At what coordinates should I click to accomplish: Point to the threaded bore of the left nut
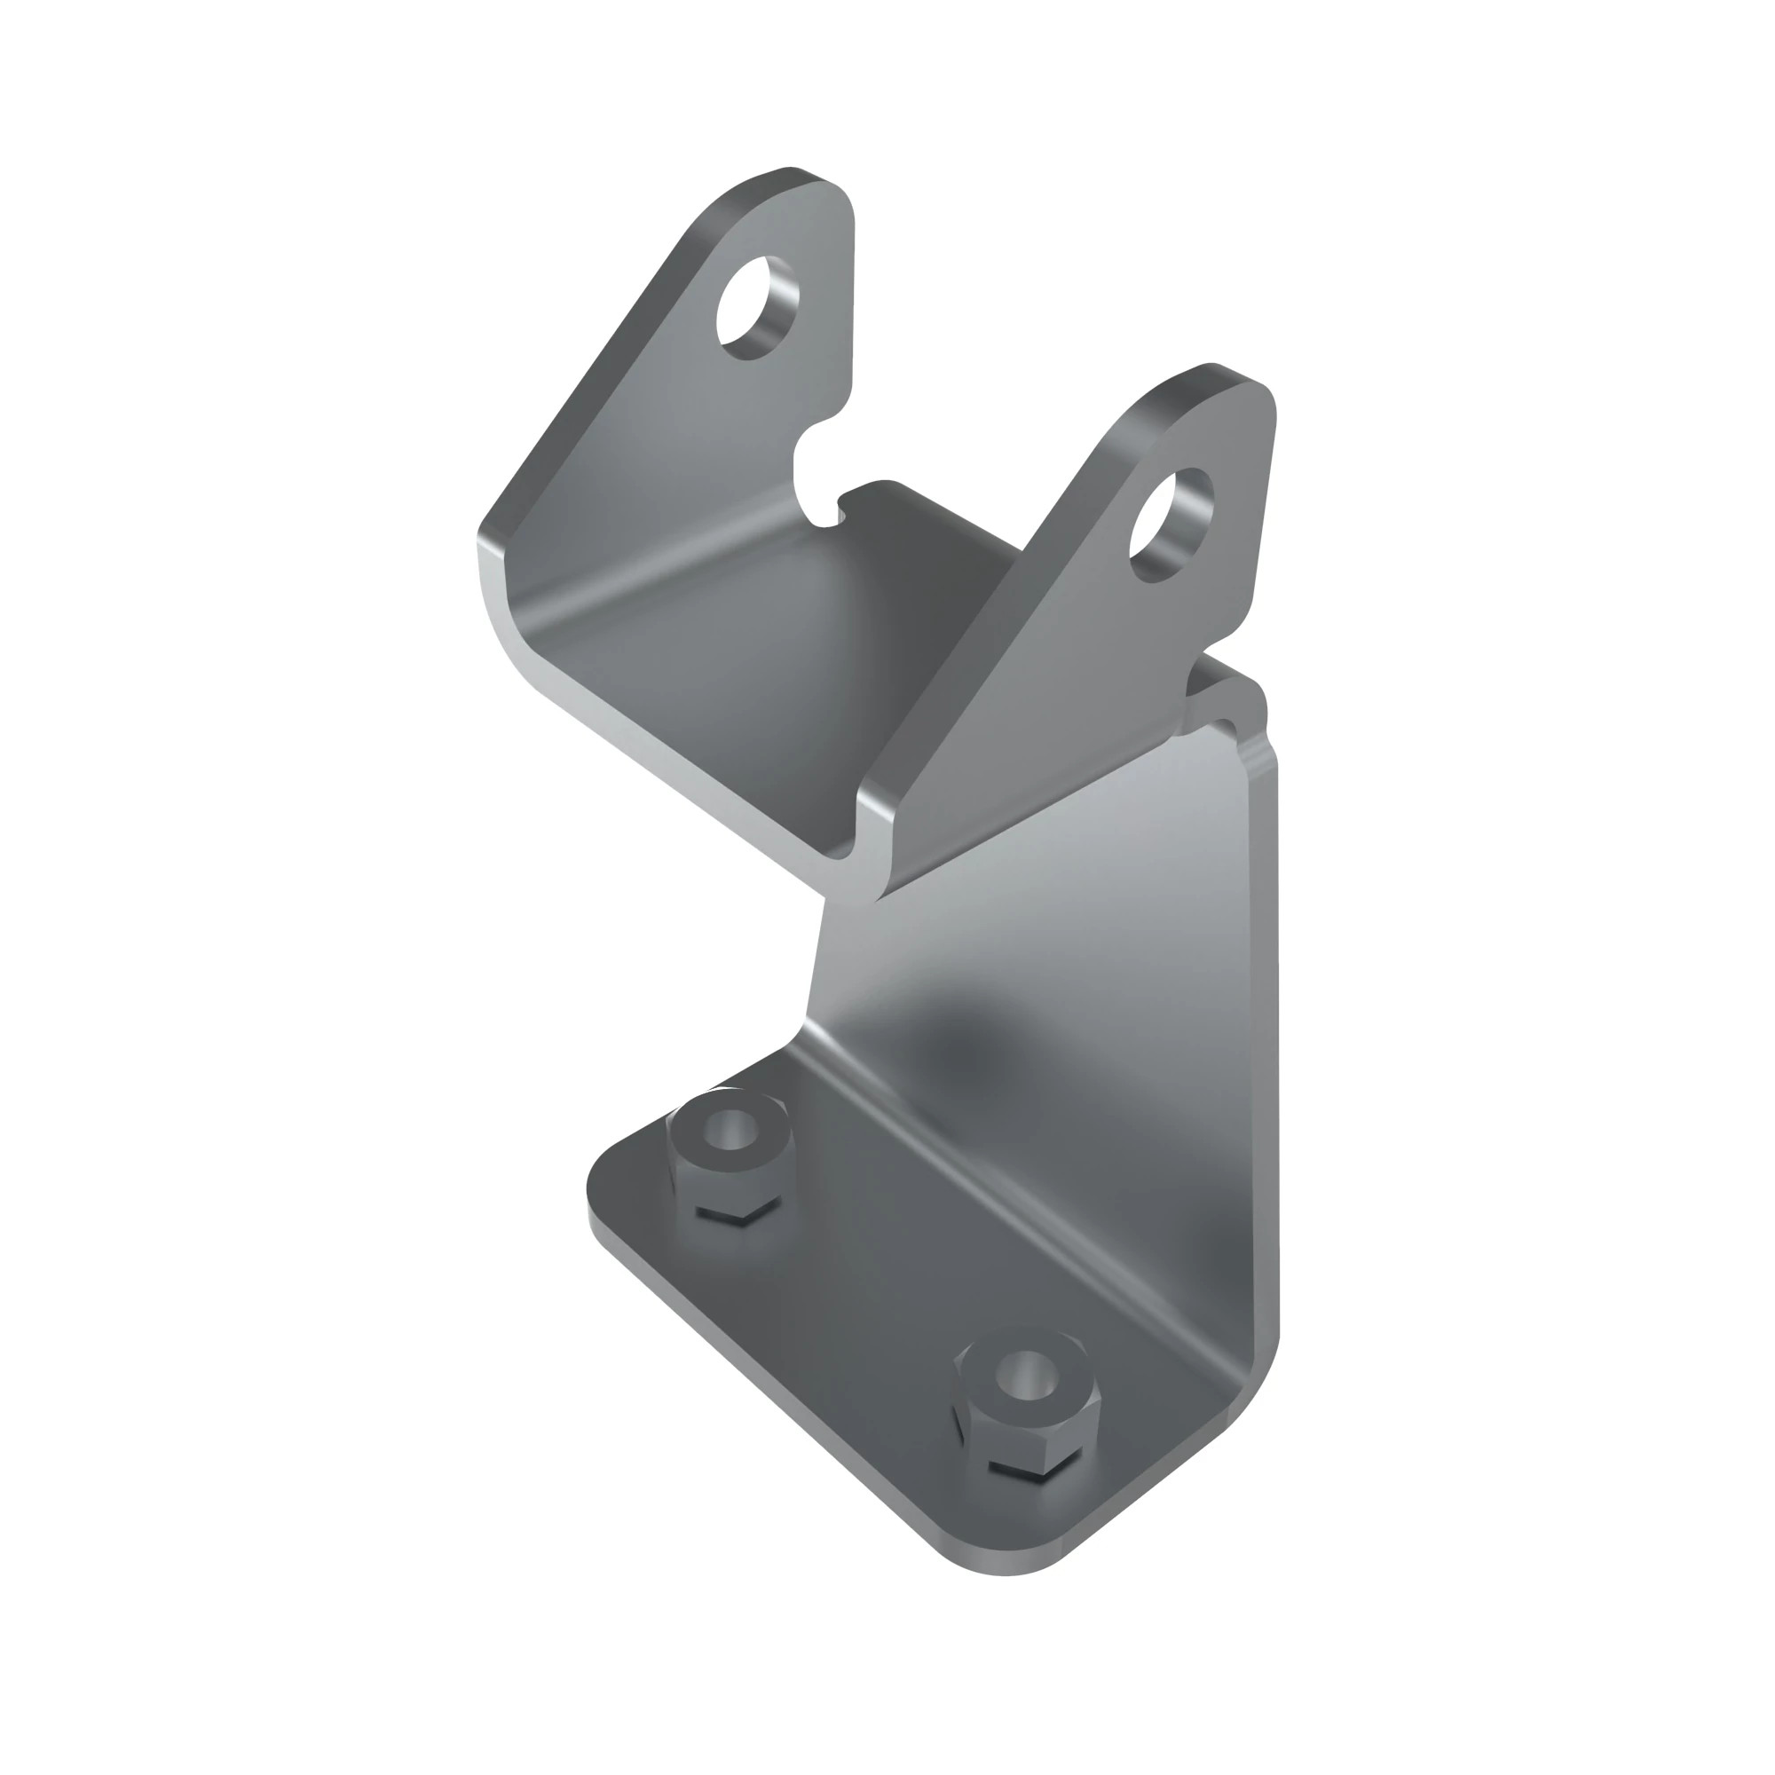pos(731,1129)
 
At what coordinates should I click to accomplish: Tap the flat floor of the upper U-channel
pos(753,643)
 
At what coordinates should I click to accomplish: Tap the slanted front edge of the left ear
pos(588,367)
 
